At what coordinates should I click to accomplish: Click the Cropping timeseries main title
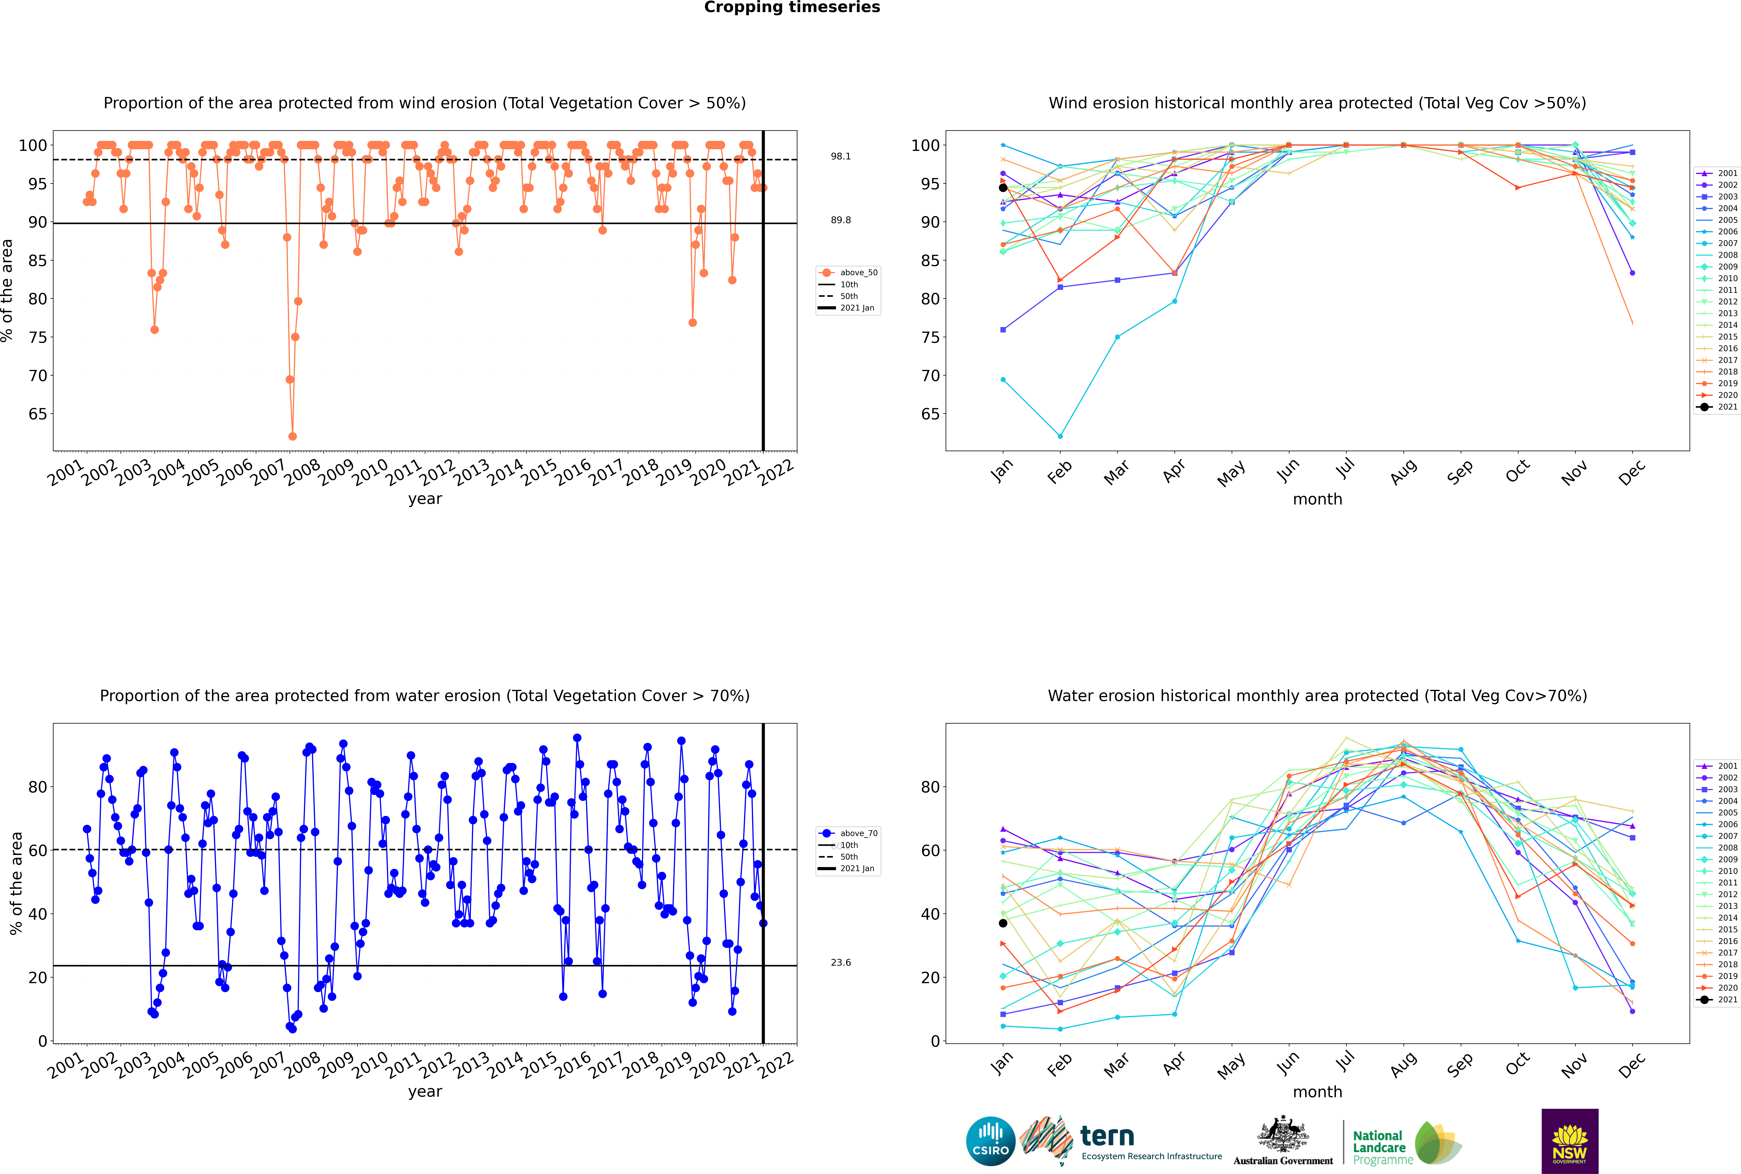792,7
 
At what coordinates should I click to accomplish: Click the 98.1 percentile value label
841,156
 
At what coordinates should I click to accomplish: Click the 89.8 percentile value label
841,220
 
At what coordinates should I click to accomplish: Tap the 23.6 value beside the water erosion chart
841,963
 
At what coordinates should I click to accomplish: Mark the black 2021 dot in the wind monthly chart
1003,188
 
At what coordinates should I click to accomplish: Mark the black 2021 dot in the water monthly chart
1003,923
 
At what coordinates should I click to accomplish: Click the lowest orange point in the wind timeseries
293,436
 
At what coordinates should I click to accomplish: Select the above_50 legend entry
848,273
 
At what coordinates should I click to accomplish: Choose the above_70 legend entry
848,833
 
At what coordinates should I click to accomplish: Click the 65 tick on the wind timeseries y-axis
37,414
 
